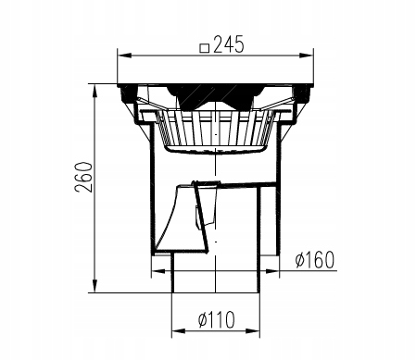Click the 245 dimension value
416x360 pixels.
click(x=229, y=44)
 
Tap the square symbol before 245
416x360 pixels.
click(x=205, y=48)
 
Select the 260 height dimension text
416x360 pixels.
click(x=83, y=177)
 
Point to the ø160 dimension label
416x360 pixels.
click(x=315, y=260)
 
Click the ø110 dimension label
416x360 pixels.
click(x=216, y=319)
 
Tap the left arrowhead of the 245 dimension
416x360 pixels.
click(x=125, y=56)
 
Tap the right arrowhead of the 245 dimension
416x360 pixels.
click(x=306, y=56)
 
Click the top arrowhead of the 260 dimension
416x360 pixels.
click(x=95, y=91)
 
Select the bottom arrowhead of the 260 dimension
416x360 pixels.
click(x=95, y=285)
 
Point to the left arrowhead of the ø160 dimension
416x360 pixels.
click(x=158, y=271)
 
